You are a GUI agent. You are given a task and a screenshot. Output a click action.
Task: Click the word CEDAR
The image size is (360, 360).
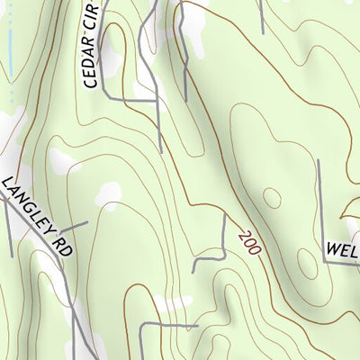pos(90,65)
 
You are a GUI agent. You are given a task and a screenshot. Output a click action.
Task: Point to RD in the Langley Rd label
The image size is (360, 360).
pos(62,248)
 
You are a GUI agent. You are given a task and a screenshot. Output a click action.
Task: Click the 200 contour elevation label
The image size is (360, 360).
pos(250,241)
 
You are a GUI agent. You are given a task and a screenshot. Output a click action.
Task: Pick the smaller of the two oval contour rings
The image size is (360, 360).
pos(270,198)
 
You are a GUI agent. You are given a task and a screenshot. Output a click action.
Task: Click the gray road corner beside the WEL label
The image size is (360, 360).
pos(324,258)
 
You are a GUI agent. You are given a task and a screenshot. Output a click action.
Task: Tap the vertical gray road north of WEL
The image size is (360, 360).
pos(319,198)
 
